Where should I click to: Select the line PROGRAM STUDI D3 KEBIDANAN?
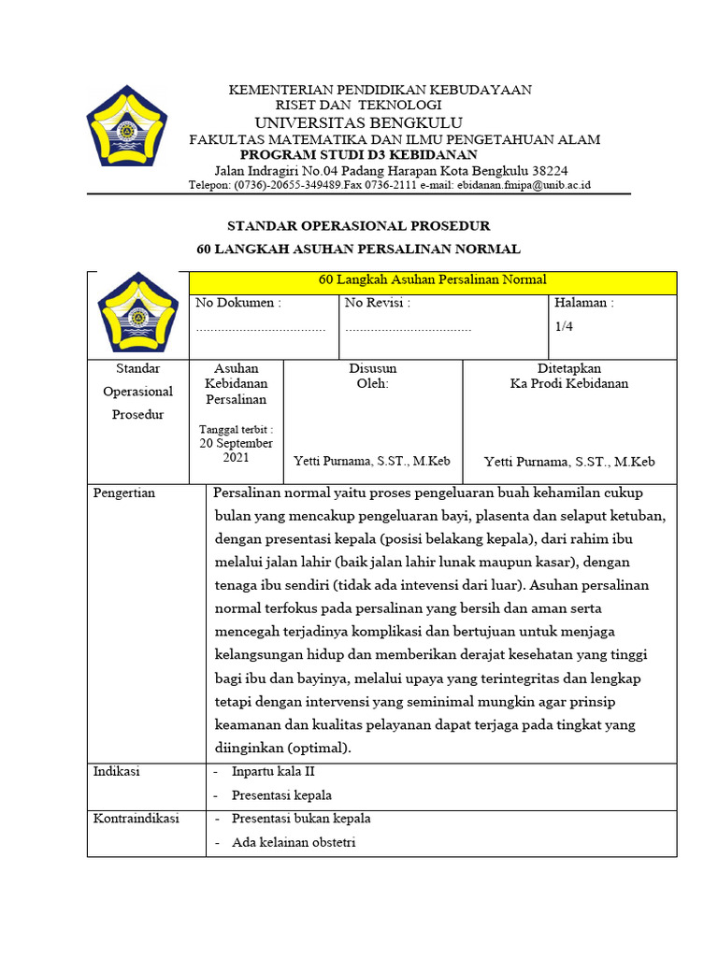[358, 154]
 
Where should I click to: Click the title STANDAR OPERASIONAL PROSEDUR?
[359, 226]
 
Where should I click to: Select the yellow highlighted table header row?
[432, 280]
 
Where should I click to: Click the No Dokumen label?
[237, 303]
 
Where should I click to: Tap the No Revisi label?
[378, 303]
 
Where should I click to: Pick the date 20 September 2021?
[236, 451]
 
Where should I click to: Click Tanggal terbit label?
[236, 429]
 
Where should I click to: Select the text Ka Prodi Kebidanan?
[568, 383]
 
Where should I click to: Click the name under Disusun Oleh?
[372, 462]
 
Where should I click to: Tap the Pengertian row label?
[124, 493]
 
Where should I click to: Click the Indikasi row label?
[116, 772]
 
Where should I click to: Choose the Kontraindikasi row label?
[136, 819]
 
